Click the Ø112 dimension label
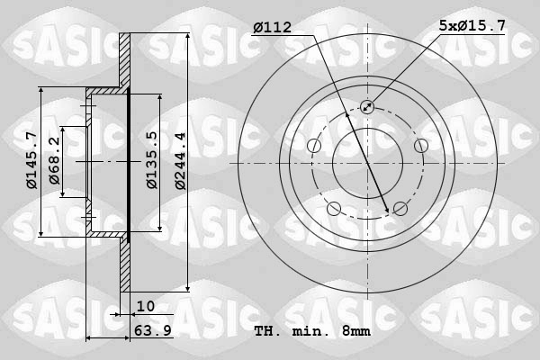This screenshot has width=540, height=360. point(271,28)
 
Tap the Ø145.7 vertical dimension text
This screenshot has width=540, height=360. point(31,161)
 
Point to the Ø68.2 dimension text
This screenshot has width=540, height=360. point(55,161)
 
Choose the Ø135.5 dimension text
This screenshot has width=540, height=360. point(152,161)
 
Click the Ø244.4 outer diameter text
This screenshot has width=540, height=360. point(179,161)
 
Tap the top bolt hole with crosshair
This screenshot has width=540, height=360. point(367,107)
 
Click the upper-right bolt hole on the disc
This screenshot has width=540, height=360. point(420,146)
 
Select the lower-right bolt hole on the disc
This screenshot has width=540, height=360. point(400,209)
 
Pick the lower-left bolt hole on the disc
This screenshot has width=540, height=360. point(334,209)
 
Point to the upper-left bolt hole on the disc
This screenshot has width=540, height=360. point(314,146)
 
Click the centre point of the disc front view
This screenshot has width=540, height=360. point(367,163)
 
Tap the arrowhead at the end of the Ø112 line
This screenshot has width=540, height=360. point(388,211)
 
